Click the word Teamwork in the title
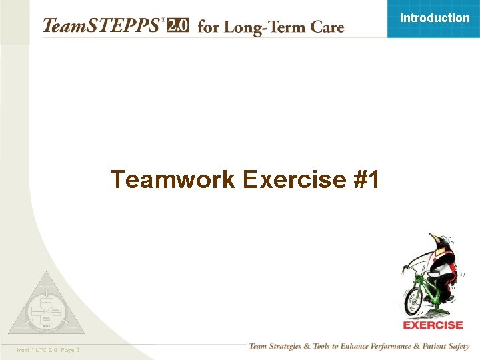click(173, 179)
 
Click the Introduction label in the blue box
click(434, 18)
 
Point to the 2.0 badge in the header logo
click(178, 25)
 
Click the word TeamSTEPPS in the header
click(101, 26)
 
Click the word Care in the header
click(325, 27)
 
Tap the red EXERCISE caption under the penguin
click(433, 325)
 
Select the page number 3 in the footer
click(78, 350)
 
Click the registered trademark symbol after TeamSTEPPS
click(162, 20)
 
